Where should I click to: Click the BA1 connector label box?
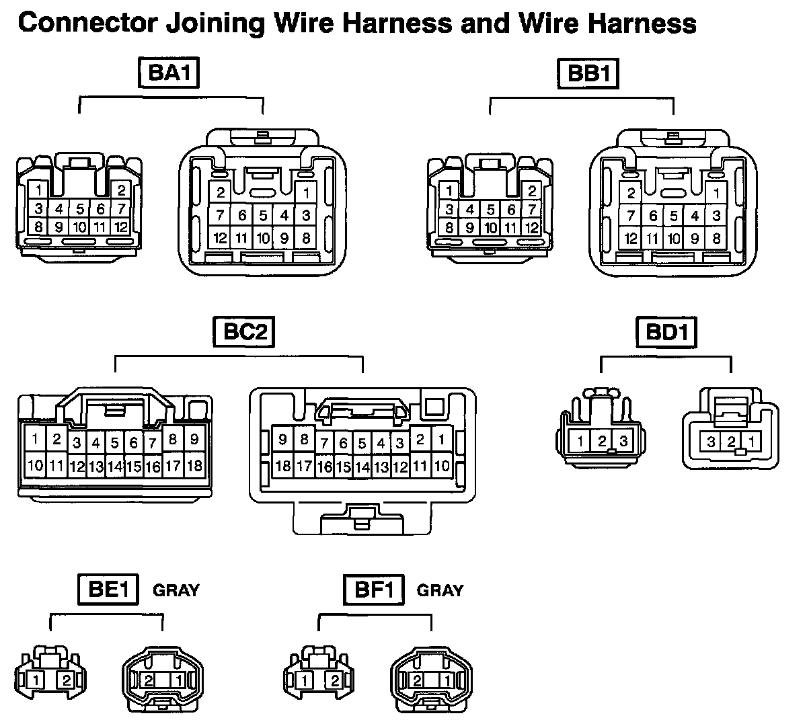pyautogui.click(x=169, y=73)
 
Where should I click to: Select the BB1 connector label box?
pyautogui.click(x=587, y=73)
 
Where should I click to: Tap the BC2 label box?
pyautogui.click(x=244, y=331)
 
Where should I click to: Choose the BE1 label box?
pyautogui.click(x=107, y=590)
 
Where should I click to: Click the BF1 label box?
pyautogui.click(x=373, y=590)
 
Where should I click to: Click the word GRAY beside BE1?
pyautogui.click(x=176, y=590)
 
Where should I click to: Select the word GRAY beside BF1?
pyautogui.click(x=440, y=590)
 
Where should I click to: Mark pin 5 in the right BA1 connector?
pyautogui.click(x=263, y=216)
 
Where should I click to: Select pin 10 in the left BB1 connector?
pyautogui.click(x=490, y=227)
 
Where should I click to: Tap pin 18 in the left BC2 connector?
pyautogui.click(x=194, y=465)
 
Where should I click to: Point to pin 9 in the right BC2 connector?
pyautogui.click(x=283, y=440)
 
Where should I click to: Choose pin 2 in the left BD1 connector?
pyautogui.click(x=603, y=442)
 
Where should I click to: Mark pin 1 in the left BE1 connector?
pyautogui.click(x=36, y=680)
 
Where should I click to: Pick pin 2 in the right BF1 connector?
pyautogui.click(x=416, y=680)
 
